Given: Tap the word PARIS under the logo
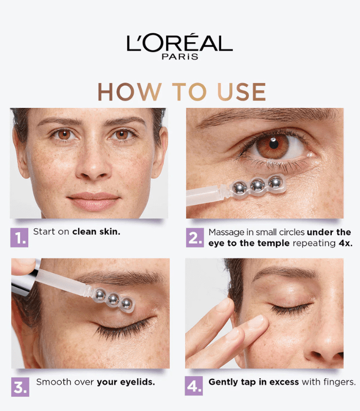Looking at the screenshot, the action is (x=180, y=57).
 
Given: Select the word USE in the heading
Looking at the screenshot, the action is (x=242, y=92).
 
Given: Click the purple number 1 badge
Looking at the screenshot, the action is (x=19, y=237).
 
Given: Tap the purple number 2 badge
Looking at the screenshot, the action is (x=195, y=237).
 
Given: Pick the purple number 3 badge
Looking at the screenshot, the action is (x=20, y=387).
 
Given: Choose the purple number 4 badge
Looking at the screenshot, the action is (x=194, y=386).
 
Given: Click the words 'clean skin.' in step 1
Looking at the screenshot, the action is (x=96, y=232).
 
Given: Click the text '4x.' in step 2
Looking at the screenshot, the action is (x=346, y=243).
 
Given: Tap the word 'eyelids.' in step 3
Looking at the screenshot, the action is (x=139, y=382).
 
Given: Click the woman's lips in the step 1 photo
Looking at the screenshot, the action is (x=93, y=201).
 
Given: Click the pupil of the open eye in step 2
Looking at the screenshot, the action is (x=274, y=144).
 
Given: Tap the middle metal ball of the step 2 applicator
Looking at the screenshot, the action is (x=258, y=185).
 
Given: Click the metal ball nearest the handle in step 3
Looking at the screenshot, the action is (x=100, y=295).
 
